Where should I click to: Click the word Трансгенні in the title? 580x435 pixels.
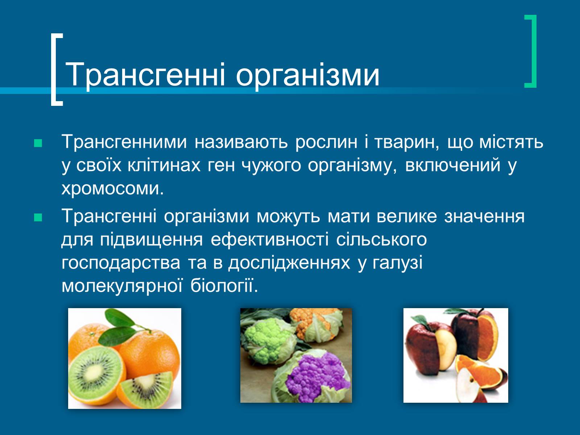point(145,75)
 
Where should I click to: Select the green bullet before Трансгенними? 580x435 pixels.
point(38,143)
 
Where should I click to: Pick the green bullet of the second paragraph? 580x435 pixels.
point(38,217)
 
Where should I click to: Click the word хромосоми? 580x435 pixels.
point(113,188)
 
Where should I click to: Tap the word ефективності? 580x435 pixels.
point(270,240)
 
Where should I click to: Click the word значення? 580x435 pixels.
point(484,216)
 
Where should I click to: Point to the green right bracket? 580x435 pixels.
point(531,51)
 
